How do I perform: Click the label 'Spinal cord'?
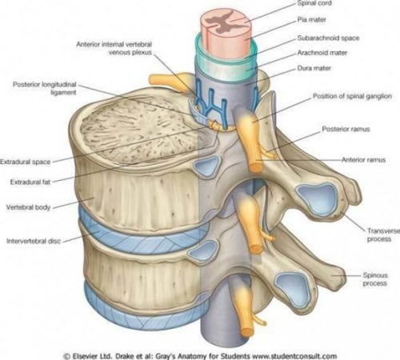(x=314, y=3)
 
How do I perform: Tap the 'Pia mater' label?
(x=311, y=20)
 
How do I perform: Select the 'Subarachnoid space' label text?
(x=328, y=38)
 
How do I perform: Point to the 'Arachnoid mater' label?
(x=322, y=53)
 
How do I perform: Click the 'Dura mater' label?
(x=314, y=68)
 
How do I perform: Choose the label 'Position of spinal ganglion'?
(x=352, y=96)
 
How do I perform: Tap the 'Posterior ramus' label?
(x=346, y=129)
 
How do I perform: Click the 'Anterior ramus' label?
(x=363, y=160)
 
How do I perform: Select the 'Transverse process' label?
(x=383, y=235)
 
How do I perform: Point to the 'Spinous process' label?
(x=375, y=279)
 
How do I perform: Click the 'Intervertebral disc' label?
(x=34, y=241)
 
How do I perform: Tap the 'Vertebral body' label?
(x=28, y=207)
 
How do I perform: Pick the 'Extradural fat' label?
(x=30, y=182)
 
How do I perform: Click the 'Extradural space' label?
(x=26, y=162)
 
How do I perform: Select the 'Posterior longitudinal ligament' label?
(x=45, y=89)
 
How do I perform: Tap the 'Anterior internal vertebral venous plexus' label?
(x=114, y=48)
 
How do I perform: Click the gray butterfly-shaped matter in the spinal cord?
(x=222, y=22)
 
